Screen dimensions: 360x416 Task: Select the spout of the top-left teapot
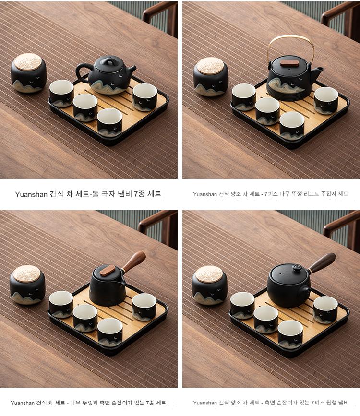point(131,70)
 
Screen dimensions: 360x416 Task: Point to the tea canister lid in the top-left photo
point(28,62)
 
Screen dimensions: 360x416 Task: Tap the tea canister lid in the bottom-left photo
point(26,274)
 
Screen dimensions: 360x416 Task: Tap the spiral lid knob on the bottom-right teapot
point(297,268)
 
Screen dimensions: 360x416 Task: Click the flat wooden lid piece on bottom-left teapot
point(108,270)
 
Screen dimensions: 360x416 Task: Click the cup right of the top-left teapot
point(145,96)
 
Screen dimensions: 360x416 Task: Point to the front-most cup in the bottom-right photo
point(291,334)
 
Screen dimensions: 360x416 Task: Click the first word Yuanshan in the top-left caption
point(31,194)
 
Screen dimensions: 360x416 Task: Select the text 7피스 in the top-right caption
point(270,194)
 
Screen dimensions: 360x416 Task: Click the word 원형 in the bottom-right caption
point(330,403)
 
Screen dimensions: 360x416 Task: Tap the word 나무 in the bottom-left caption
point(75,403)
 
